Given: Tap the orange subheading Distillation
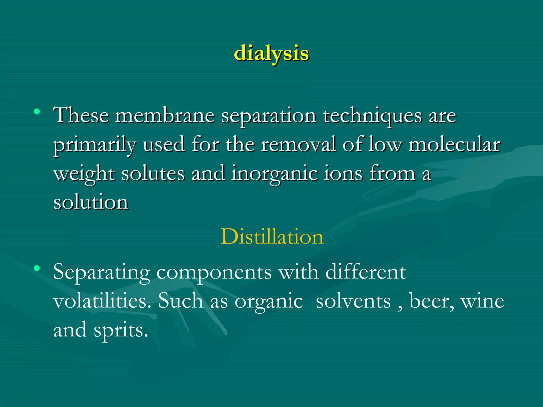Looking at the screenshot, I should tap(272, 236).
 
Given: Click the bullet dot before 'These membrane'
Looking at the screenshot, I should tap(37, 112).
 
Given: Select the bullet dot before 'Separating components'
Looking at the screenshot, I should tap(37, 268).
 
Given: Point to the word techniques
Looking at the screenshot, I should tap(373, 117).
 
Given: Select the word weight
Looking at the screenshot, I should tap(84, 174).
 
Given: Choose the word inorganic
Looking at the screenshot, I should tap(274, 174).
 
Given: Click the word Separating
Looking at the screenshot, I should tap(102, 273).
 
